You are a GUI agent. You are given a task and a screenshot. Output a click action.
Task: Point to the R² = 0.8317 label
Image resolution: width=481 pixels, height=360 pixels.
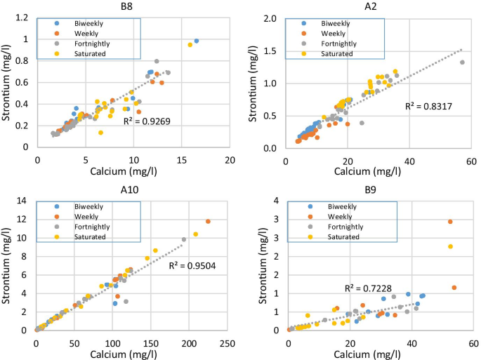(x=428, y=106)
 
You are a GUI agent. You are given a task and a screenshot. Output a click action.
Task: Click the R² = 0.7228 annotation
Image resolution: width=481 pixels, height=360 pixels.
(x=368, y=288)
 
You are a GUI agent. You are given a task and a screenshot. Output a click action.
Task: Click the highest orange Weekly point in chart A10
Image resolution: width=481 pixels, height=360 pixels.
(x=208, y=221)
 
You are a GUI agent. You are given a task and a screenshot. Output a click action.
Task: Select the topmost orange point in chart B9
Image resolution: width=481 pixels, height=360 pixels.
(x=450, y=222)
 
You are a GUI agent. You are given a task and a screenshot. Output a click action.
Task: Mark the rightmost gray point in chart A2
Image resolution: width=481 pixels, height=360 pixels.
(x=462, y=62)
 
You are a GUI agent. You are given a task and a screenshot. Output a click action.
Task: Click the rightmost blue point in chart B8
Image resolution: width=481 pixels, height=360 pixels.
(x=196, y=41)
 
